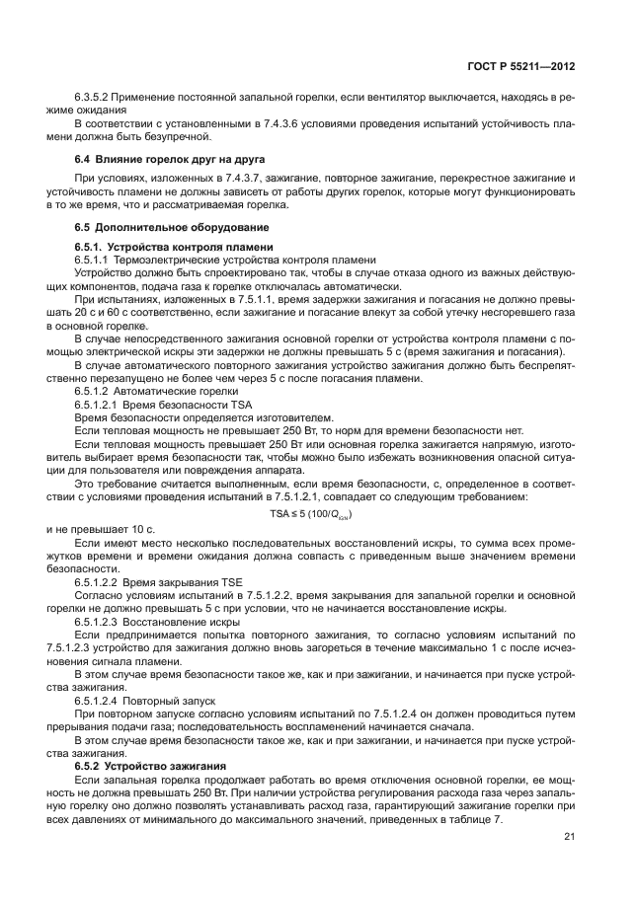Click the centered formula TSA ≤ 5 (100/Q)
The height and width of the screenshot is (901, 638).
pos(311,514)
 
